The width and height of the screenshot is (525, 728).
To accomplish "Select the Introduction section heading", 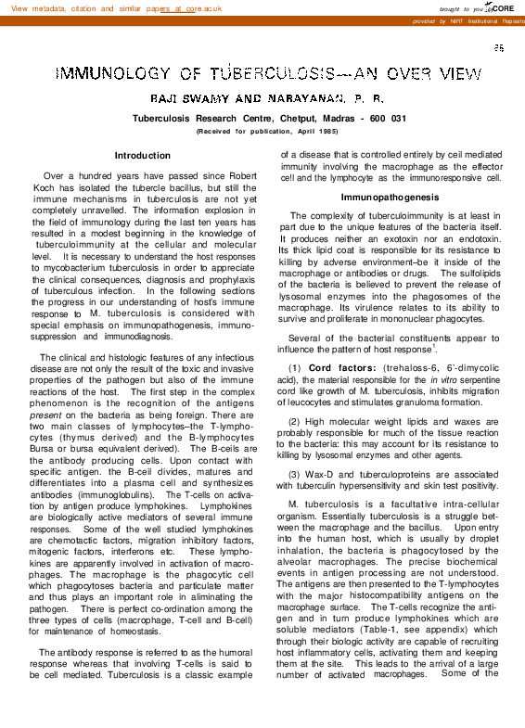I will click(142, 155).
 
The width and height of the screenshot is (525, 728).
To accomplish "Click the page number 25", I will click(499, 47).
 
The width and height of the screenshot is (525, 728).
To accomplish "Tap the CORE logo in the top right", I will click(501, 7).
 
